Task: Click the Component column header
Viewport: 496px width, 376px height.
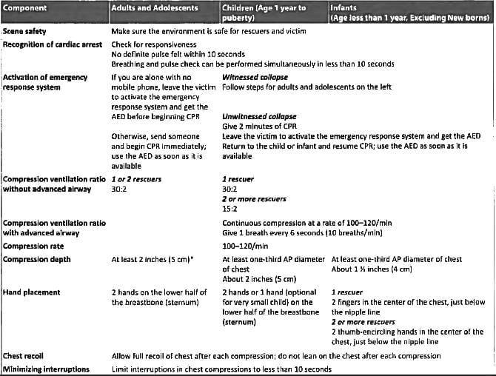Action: [x=24, y=7]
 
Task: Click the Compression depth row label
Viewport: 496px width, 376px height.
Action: [x=36, y=260]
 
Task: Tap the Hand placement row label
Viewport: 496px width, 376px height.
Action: [x=32, y=293]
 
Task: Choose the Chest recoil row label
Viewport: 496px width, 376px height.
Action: [x=25, y=357]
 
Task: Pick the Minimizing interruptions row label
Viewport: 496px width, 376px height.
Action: [x=45, y=369]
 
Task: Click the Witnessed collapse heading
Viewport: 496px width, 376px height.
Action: [x=255, y=76]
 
